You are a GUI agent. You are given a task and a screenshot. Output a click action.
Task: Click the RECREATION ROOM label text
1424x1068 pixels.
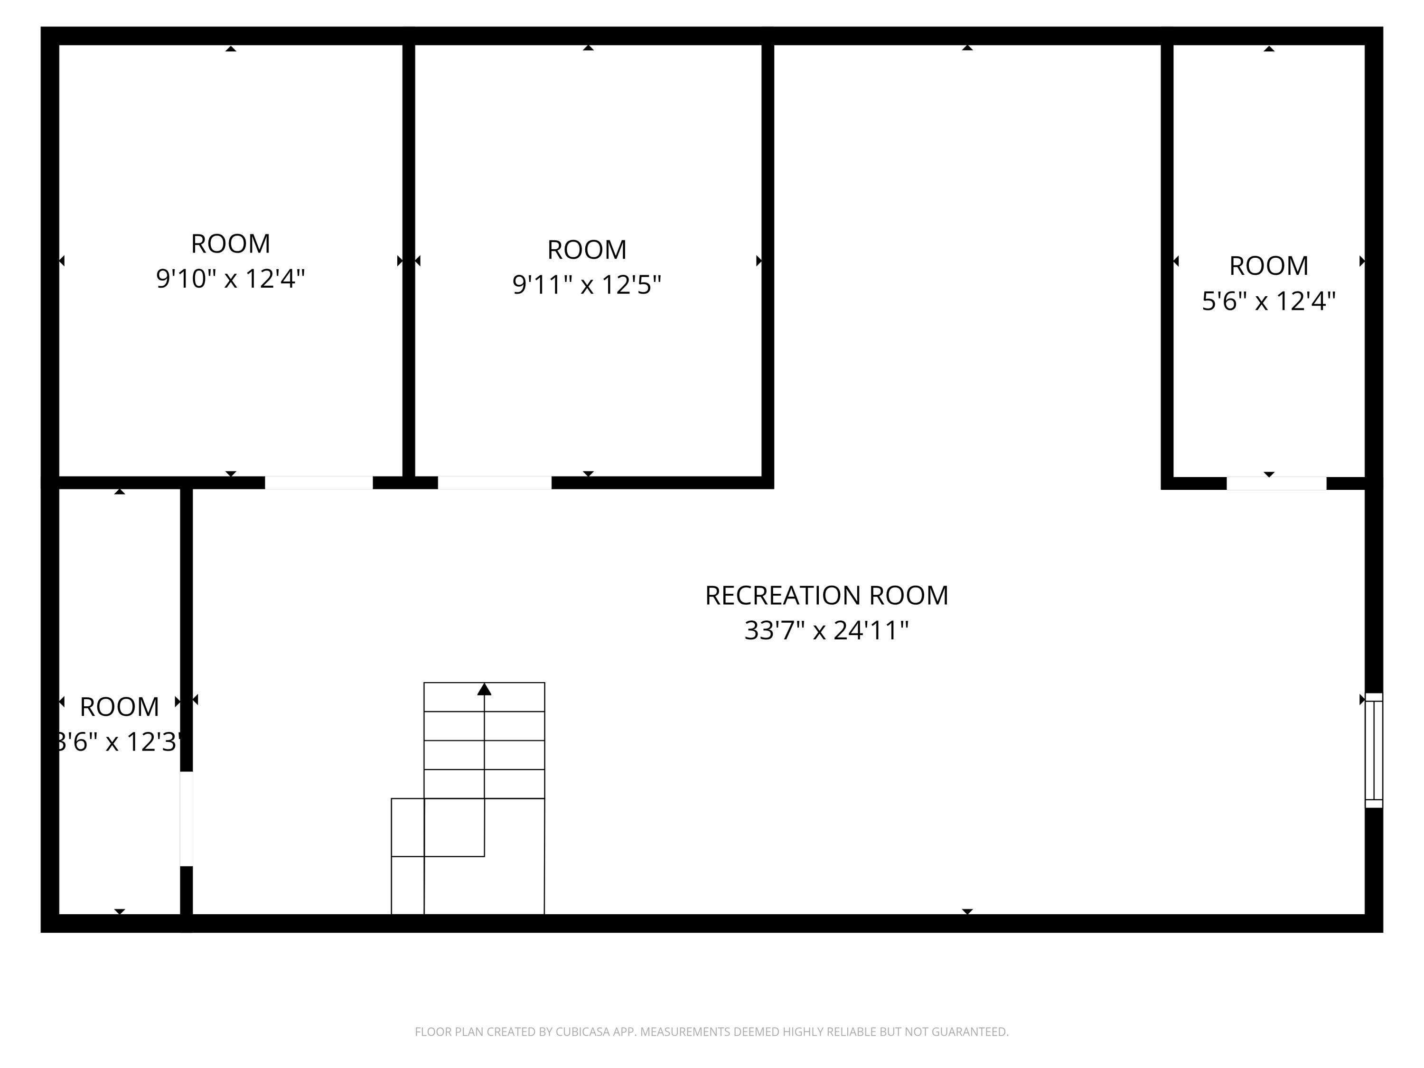click(826, 596)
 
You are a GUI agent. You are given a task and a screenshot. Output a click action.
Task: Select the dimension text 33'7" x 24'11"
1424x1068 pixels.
click(826, 630)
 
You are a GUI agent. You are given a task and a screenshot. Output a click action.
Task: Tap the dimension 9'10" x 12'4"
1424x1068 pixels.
click(231, 279)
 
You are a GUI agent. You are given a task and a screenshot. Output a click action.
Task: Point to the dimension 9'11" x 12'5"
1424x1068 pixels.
click(587, 284)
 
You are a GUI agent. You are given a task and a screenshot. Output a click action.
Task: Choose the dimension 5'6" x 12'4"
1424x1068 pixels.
click(1268, 300)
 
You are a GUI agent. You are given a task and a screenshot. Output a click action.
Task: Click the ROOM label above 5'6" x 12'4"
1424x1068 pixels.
click(1268, 265)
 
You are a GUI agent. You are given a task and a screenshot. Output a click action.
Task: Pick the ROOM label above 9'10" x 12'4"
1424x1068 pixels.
click(231, 244)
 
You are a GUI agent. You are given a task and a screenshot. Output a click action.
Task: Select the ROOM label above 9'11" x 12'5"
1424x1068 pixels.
click(587, 250)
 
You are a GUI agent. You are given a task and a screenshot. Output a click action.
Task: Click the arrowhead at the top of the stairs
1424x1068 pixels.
click(484, 690)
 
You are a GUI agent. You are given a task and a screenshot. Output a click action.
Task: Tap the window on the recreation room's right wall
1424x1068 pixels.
click(1373, 750)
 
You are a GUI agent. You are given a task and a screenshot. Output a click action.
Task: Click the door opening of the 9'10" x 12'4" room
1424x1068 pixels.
click(319, 483)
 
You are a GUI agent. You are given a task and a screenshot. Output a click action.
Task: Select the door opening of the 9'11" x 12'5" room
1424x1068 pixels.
click(495, 483)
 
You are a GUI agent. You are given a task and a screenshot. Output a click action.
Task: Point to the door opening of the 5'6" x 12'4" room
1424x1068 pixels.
click(1276, 483)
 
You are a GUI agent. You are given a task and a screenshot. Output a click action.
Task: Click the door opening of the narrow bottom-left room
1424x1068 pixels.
click(186, 818)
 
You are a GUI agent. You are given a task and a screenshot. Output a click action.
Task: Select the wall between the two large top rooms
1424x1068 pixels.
click(409, 257)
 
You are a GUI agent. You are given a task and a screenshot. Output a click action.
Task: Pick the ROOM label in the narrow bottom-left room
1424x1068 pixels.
click(119, 707)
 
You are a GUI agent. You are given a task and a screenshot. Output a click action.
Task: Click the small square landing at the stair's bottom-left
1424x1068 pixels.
click(407, 885)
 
